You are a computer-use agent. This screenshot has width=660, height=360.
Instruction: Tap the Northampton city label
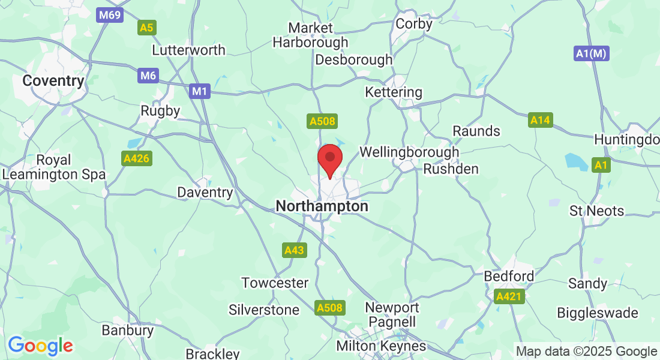coord(322,206)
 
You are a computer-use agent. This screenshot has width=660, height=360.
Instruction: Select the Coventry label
coord(53,81)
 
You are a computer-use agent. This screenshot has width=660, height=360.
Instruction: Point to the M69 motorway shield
coord(110,15)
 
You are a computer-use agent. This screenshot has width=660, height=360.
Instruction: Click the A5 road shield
coord(146,28)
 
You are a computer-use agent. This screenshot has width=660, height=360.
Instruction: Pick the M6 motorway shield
coord(148,76)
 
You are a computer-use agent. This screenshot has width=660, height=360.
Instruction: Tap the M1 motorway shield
coord(200,92)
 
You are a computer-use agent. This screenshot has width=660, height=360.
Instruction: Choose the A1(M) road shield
coord(592,53)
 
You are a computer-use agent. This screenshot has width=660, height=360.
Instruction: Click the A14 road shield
coord(540,121)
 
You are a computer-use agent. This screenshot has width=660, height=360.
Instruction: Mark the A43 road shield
coord(294,250)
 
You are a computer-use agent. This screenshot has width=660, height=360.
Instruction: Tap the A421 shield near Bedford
coord(509,296)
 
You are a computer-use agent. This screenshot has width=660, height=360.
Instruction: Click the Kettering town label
coord(394,92)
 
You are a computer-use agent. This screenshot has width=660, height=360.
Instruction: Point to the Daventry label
coord(205,193)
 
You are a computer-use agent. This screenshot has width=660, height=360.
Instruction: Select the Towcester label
coord(275,283)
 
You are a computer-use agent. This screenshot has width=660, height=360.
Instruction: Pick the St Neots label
coord(596,211)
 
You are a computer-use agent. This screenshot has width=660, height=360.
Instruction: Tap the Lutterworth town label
coord(188,50)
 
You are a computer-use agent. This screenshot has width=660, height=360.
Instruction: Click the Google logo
coord(41,346)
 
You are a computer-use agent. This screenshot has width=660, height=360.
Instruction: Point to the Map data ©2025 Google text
coord(586,352)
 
